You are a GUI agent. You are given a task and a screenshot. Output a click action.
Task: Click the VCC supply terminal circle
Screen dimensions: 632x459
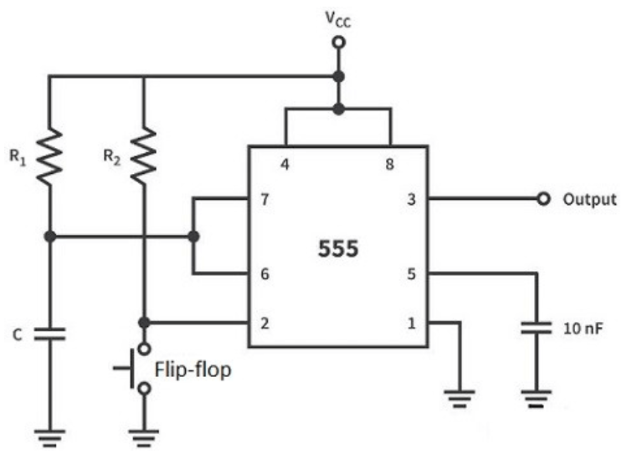coord(339,42)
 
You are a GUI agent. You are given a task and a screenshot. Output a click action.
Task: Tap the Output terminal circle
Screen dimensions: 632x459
coord(543,198)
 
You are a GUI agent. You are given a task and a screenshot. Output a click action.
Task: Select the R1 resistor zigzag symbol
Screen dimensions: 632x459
coord(49,157)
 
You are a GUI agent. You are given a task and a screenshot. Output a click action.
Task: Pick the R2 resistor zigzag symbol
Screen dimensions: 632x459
coord(144,156)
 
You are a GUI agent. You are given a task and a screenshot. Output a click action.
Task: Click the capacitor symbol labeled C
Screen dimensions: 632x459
coord(49,334)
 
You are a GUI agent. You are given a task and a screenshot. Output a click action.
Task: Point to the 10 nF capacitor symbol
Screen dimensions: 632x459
coord(536,328)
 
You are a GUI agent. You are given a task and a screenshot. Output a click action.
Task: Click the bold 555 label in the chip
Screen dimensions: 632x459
coord(338,248)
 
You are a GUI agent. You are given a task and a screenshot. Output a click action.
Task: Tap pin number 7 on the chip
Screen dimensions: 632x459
coord(265,199)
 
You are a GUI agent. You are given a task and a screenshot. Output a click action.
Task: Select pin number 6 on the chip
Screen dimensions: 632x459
coord(265,273)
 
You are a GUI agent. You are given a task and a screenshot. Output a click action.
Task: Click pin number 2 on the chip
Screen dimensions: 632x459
coord(265,323)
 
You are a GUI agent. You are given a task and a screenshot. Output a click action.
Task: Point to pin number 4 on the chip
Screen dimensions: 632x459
coord(285,164)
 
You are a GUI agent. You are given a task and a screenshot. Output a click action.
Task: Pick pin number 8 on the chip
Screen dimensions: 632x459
coord(389,164)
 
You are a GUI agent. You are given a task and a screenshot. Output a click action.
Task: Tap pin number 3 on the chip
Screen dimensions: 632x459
coord(411,199)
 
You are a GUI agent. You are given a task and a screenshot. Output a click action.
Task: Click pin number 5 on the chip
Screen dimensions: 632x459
coord(411,273)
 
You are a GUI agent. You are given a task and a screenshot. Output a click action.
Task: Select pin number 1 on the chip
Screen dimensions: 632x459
coord(411,323)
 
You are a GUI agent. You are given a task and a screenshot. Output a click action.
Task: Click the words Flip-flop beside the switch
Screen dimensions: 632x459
coord(193,370)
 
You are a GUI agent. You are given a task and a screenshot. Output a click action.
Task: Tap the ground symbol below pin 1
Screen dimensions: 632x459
coord(460,399)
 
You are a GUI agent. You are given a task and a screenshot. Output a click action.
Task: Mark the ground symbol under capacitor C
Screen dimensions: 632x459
coord(49,438)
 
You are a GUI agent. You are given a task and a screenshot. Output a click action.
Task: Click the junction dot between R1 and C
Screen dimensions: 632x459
coord(50,237)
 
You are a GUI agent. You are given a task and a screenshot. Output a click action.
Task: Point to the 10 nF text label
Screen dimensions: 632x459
coord(583,329)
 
